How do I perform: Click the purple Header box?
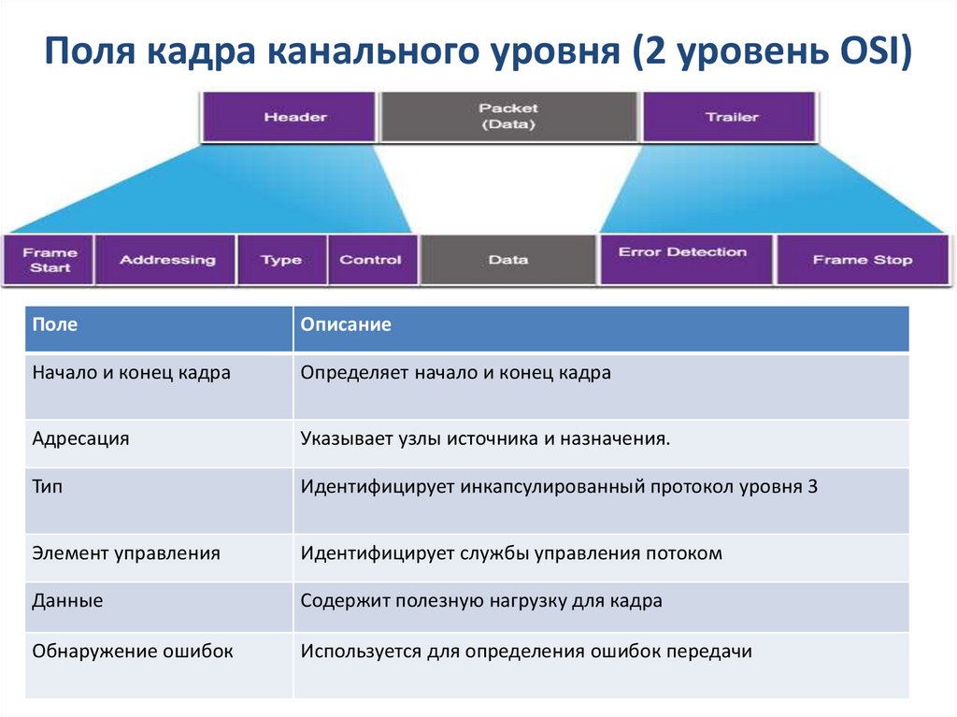tap(294, 117)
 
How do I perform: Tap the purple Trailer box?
tap(731, 117)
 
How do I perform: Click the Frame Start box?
tap(50, 260)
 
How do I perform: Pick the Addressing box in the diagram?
tap(166, 260)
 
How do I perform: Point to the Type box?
tap(280, 260)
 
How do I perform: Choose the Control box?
tap(370, 260)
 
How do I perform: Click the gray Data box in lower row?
tap(507, 260)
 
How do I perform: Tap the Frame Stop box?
tap(862, 260)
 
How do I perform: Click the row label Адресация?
tap(80, 438)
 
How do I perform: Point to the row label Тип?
tap(48, 487)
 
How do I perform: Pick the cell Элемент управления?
tap(126, 553)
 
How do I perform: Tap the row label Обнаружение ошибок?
tap(132, 651)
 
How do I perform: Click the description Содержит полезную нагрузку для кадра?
tap(480, 601)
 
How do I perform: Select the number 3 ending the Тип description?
tap(811, 487)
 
